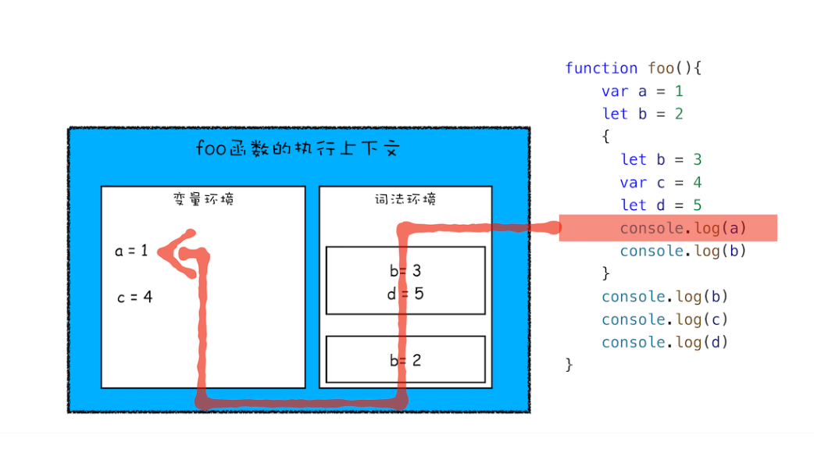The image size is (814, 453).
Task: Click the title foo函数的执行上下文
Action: tap(297, 148)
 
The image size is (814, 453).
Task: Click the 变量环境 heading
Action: tap(203, 198)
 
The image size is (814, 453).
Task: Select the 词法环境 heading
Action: tap(405, 198)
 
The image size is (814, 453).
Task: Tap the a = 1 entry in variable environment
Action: tap(131, 251)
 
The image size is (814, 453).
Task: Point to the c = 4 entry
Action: tap(134, 297)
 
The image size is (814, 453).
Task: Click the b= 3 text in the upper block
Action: tap(405, 271)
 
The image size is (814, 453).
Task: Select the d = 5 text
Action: tap(405, 294)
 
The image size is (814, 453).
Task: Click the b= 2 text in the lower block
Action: tap(405, 360)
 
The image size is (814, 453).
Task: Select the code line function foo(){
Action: tap(634, 68)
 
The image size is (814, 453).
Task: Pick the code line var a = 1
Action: tap(642, 91)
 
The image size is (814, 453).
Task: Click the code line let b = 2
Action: tap(642, 114)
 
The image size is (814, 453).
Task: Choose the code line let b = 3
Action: tap(661, 159)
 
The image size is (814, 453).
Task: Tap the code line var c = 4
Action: tap(661, 183)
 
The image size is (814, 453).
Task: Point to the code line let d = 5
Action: tap(661, 205)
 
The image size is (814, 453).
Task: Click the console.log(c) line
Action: tap(665, 319)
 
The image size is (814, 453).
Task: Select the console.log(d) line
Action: tap(665, 342)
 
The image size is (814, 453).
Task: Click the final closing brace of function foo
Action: tap(569, 365)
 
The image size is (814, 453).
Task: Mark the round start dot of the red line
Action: tap(554, 228)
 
